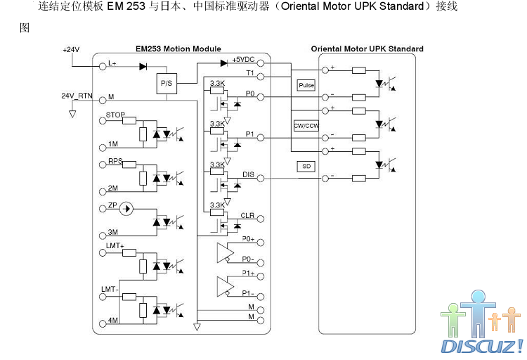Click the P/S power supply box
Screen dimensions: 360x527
coord(166,83)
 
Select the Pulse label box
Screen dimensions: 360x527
coord(306,85)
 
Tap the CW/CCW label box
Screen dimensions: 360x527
coord(306,126)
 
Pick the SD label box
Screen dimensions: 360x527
coord(306,166)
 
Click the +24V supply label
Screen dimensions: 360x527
coord(71,51)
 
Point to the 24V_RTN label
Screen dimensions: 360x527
coord(76,95)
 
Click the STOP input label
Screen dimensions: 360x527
coord(115,114)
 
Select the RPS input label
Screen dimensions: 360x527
coord(115,161)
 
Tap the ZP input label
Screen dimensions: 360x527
coord(112,207)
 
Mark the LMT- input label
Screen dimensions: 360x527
coord(110,289)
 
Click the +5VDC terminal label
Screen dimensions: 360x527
coord(243,60)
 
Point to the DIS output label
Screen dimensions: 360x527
coord(248,174)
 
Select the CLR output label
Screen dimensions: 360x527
coord(247,215)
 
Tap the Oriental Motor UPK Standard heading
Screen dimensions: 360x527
coord(367,49)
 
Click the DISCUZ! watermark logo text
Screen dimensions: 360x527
coord(481,346)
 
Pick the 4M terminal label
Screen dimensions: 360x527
coord(113,321)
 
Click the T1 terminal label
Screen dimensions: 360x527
coord(249,73)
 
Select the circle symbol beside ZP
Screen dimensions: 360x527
coord(126,208)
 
